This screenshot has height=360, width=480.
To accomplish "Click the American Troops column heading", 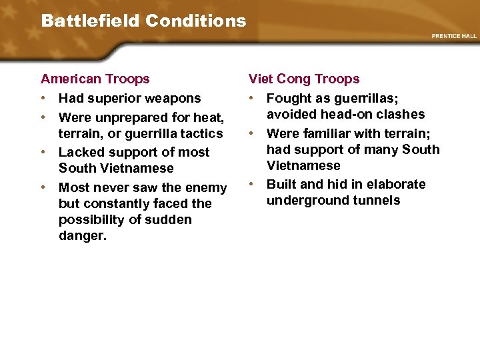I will tap(95, 79).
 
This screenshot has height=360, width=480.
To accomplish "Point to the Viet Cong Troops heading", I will tap(304, 79).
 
